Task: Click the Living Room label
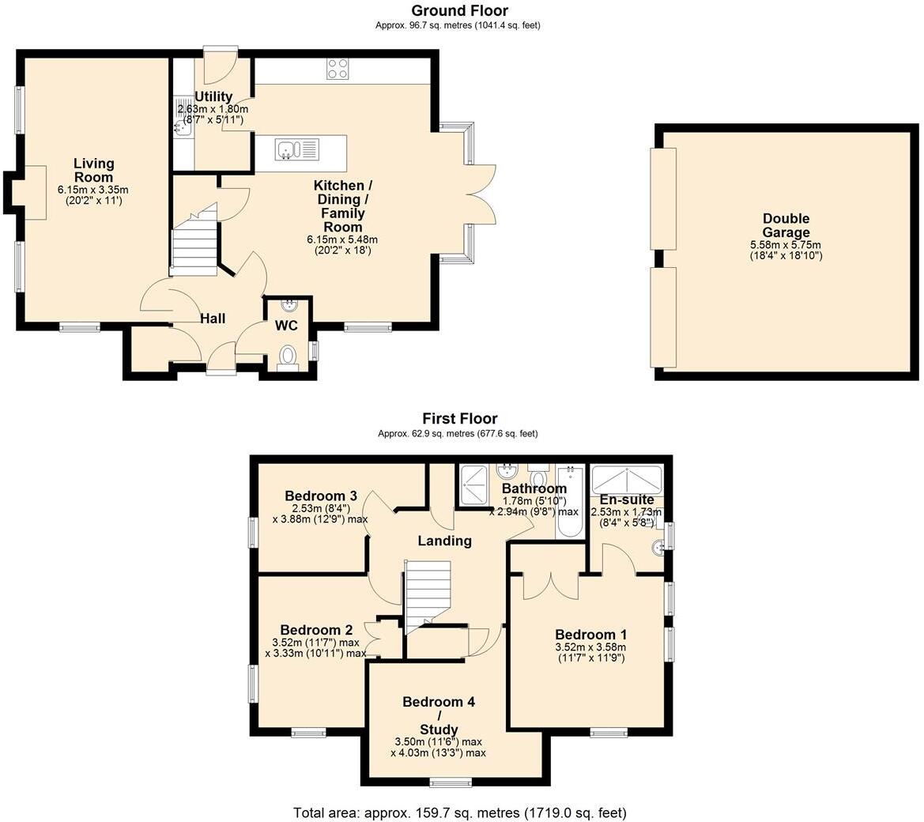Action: point(94,170)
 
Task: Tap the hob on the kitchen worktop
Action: point(338,70)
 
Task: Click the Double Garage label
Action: point(786,225)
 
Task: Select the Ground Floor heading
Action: point(459,10)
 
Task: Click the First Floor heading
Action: point(459,419)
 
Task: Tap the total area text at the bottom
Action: point(459,812)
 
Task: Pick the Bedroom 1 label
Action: point(590,635)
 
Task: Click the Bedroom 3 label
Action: point(320,496)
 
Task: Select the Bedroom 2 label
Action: point(316,630)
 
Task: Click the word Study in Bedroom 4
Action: point(439,730)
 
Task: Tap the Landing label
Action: point(445,541)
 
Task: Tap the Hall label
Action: point(212,319)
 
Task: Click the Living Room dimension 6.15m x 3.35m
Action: point(92,190)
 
